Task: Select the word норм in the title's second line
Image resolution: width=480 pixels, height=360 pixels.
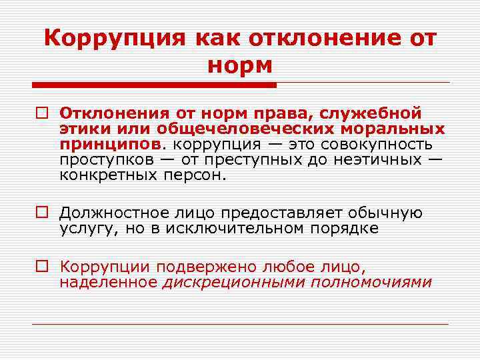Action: pos(240,66)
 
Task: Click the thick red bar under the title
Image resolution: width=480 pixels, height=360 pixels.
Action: pos(153,85)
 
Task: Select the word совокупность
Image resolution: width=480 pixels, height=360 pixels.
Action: pos(377,143)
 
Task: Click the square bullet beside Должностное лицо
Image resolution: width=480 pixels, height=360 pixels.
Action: pos(42,213)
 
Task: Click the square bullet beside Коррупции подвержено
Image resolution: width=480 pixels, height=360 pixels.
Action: pos(42,267)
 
